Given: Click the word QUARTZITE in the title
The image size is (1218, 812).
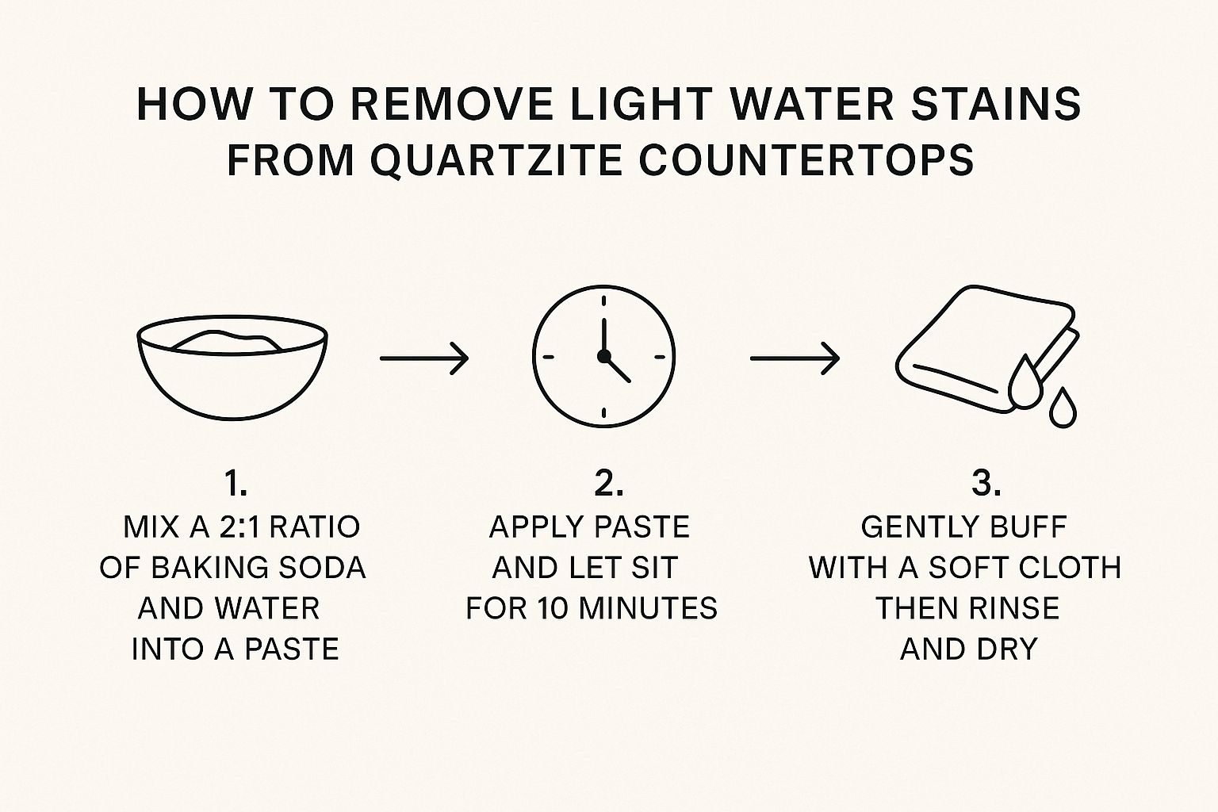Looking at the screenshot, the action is point(496,160).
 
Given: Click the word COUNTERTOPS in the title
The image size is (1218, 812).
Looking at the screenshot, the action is point(806,160).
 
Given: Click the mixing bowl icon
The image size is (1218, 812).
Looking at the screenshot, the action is point(232,367).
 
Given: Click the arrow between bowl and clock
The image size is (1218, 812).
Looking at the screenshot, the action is point(424,358).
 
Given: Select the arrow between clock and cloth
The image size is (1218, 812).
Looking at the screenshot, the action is point(795,358).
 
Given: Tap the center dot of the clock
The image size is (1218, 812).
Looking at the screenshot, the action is point(603,356).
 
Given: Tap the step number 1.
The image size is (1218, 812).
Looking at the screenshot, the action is point(236,484).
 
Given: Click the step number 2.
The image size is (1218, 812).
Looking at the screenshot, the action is point(609,484).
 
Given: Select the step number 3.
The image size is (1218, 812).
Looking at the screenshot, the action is point(986,484).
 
